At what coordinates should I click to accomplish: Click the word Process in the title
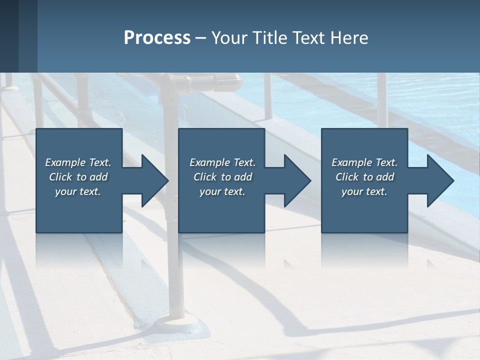(x=157, y=38)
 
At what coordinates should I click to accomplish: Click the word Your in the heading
(x=230, y=38)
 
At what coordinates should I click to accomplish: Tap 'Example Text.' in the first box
(x=78, y=162)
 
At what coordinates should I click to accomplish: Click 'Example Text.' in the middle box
(x=222, y=162)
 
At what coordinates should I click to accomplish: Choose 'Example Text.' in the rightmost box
(x=364, y=162)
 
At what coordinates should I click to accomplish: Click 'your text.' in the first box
(x=78, y=191)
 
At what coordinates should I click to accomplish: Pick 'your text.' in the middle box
(x=222, y=191)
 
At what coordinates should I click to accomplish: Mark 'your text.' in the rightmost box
(x=364, y=191)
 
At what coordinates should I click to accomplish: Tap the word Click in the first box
(x=61, y=177)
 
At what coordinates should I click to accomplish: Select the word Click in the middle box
(x=205, y=177)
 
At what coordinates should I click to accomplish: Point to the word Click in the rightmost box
(x=347, y=177)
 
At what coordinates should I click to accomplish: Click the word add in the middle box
(x=243, y=177)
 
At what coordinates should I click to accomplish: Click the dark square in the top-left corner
(x=9, y=36)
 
